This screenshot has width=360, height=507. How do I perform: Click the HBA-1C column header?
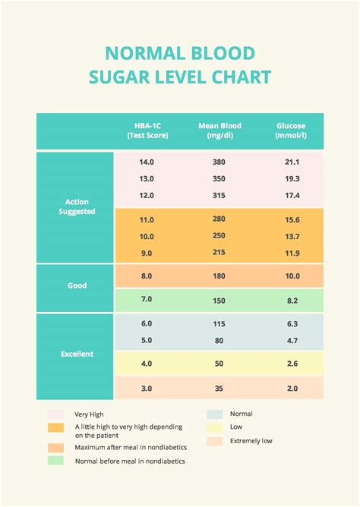(x=147, y=131)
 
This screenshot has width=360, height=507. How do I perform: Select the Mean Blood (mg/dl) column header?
(x=219, y=131)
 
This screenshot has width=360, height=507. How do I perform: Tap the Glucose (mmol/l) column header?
(x=292, y=131)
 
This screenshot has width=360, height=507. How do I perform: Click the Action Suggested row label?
(x=77, y=206)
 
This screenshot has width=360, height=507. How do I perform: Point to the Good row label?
(x=77, y=286)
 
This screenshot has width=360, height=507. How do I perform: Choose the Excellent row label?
(x=77, y=354)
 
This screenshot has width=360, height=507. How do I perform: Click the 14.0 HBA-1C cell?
(x=147, y=162)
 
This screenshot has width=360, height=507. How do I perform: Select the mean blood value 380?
(x=219, y=162)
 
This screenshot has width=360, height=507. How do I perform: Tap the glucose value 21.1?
(x=292, y=162)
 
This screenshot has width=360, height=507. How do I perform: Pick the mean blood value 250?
(x=219, y=236)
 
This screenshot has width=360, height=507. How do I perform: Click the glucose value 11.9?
(x=292, y=253)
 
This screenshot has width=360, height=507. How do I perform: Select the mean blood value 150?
(x=219, y=301)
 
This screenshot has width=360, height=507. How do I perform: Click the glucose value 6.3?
(x=292, y=324)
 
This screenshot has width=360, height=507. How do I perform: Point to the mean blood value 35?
(x=219, y=389)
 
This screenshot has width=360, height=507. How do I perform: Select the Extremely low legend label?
(x=251, y=441)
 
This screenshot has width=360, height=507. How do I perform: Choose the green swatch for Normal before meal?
(x=55, y=460)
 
